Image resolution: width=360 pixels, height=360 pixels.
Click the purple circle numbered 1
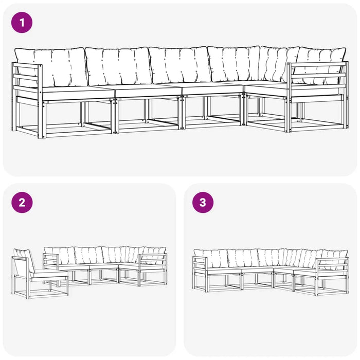tap(22, 23)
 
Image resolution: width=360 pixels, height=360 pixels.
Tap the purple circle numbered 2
tap(22, 203)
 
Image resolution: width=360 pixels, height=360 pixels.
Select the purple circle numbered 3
tap(203, 203)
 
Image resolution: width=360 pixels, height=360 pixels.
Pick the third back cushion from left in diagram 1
tap(179, 65)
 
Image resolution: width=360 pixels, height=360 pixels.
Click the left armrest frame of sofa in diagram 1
tap(27, 100)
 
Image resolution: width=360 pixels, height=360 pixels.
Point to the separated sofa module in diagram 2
tap(40, 274)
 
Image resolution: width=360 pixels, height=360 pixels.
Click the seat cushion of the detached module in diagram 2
tap(49, 274)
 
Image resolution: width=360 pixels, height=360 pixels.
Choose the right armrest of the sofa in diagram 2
tap(153, 269)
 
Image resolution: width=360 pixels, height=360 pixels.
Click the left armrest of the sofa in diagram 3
tap(200, 274)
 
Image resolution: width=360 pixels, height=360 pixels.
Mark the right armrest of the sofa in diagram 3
tap(333, 276)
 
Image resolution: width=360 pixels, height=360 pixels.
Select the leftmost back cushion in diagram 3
tap(211, 258)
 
